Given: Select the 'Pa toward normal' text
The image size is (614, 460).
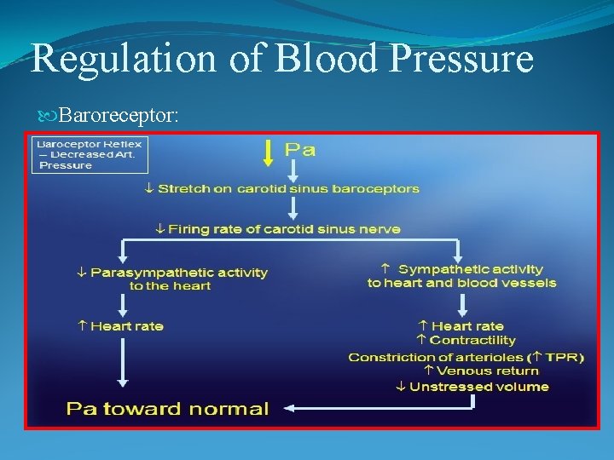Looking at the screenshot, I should point(168,408).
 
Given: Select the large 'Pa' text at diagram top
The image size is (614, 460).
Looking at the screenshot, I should point(299,151).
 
